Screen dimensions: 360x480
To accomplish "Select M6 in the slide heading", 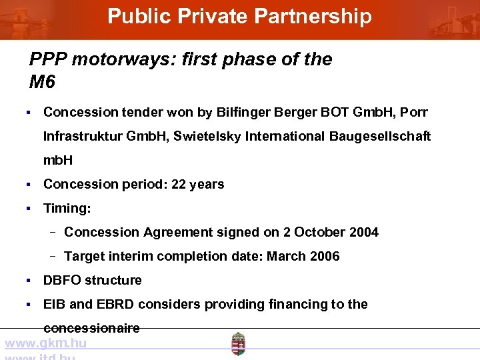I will coord(42,82).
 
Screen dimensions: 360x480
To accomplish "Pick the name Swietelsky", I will coord(207,136).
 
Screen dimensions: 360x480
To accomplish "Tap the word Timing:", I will coord(67,208).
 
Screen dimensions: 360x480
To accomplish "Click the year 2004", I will coord(363,232).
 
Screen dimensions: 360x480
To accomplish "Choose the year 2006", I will coord(325,256).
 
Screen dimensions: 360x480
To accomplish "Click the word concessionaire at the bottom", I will coord(91,328).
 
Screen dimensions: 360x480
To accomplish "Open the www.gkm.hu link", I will coord(45,343).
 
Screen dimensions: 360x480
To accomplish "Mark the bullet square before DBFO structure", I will coord(29,280).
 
